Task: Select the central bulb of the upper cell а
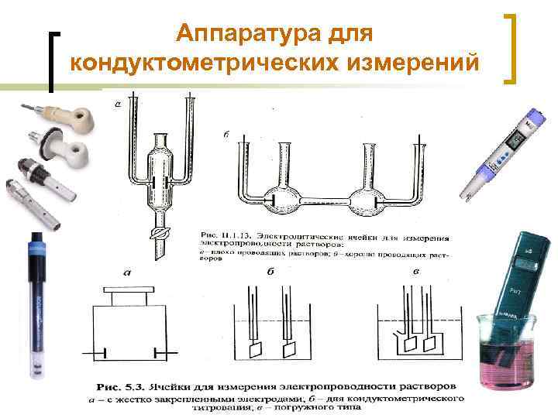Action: tap(160, 178)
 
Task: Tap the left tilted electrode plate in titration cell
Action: tap(254, 349)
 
